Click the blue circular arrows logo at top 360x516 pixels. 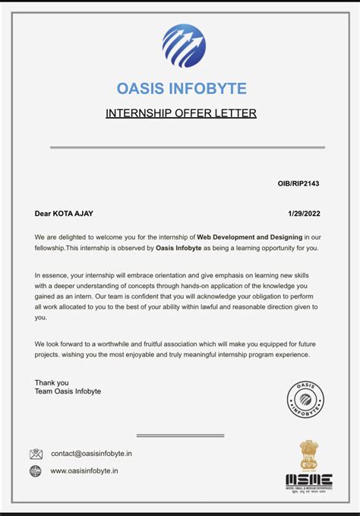tap(184, 46)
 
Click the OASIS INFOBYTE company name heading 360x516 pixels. tap(182, 89)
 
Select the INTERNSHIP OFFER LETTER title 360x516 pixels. tap(181, 113)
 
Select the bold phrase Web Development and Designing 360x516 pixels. tap(244, 238)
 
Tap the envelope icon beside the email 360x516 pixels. tap(36, 454)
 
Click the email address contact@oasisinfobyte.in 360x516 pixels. tap(91, 454)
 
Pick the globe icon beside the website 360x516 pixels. tap(36, 471)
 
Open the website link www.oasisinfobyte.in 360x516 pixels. tap(84, 471)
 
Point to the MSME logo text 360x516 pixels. tap(308, 480)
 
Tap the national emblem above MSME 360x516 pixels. tap(308, 455)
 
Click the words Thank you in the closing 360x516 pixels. tap(52, 382)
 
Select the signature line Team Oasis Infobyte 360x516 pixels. tap(68, 391)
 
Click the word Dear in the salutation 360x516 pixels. tap(43, 214)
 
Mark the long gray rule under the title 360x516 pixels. tap(187, 147)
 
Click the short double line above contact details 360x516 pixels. tap(180, 435)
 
